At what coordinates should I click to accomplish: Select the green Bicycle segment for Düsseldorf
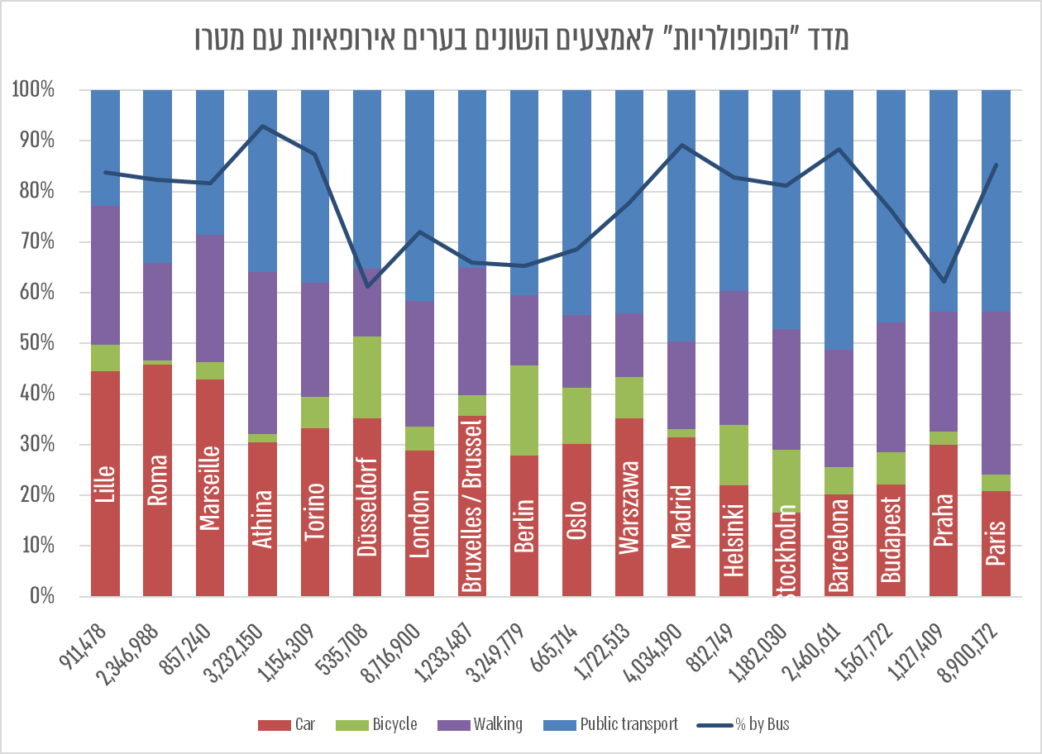367,377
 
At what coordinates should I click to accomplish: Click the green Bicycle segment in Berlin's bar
524,410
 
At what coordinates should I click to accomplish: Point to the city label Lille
105,483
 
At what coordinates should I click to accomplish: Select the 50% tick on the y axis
34,343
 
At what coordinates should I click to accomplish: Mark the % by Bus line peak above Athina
262,126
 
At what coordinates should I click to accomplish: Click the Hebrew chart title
521,38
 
